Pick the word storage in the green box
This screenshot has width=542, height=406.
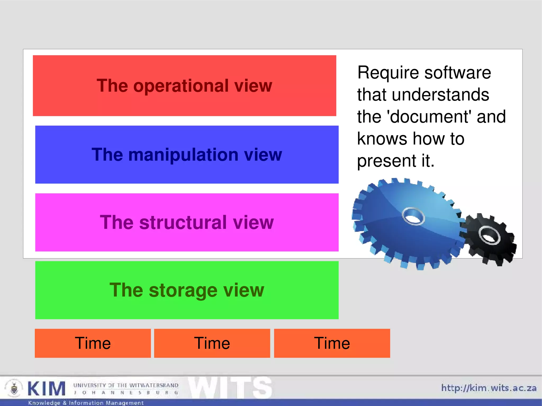[183, 290]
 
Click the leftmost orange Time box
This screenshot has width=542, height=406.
[93, 343]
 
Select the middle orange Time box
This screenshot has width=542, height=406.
[212, 343]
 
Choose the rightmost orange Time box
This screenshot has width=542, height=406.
[332, 343]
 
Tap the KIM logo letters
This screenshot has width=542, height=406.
[46, 389]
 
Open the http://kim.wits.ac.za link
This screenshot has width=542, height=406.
[489, 388]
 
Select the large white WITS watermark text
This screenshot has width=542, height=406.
[230, 388]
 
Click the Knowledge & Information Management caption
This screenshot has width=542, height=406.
[86, 403]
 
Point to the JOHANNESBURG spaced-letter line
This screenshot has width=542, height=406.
[126, 393]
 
